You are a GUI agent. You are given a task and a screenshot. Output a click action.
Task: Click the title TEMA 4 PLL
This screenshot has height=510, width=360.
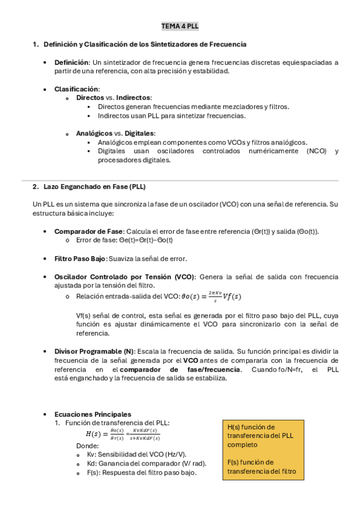click(x=180, y=26)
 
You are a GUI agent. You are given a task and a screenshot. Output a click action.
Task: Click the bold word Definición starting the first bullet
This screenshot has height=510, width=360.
click(x=72, y=62)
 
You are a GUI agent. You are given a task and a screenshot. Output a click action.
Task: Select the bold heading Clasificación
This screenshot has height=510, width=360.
click(x=76, y=89)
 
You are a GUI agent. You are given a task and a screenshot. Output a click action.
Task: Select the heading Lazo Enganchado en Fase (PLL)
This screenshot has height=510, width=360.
click(x=94, y=186)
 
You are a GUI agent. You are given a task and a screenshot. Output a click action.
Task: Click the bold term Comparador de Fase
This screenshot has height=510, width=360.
click(x=88, y=232)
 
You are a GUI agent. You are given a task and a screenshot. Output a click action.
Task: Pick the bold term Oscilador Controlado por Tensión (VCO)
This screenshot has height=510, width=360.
click(x=124, y=277)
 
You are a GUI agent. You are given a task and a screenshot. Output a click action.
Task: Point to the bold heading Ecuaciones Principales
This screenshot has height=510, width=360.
click(x=93, y=414)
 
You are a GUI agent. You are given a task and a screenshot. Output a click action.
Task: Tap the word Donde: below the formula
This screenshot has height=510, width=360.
click(x=87, y=446)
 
